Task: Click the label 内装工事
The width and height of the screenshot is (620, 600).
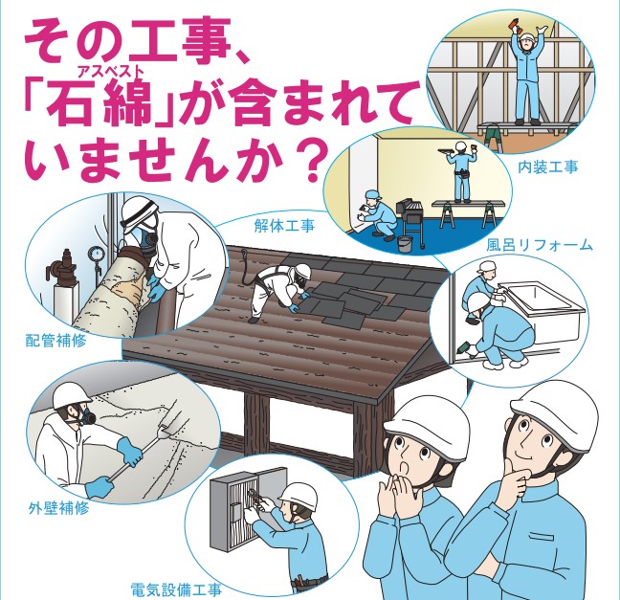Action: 547,167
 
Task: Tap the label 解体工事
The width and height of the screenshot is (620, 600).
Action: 285,226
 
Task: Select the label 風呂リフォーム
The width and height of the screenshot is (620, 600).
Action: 540,245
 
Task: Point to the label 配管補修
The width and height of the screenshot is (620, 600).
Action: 55,341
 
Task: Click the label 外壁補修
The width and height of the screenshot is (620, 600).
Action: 59,508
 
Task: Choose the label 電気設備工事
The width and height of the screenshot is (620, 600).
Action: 176,590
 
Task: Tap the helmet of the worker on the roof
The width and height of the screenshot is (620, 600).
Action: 302,271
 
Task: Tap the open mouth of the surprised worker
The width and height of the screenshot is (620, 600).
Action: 405,468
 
